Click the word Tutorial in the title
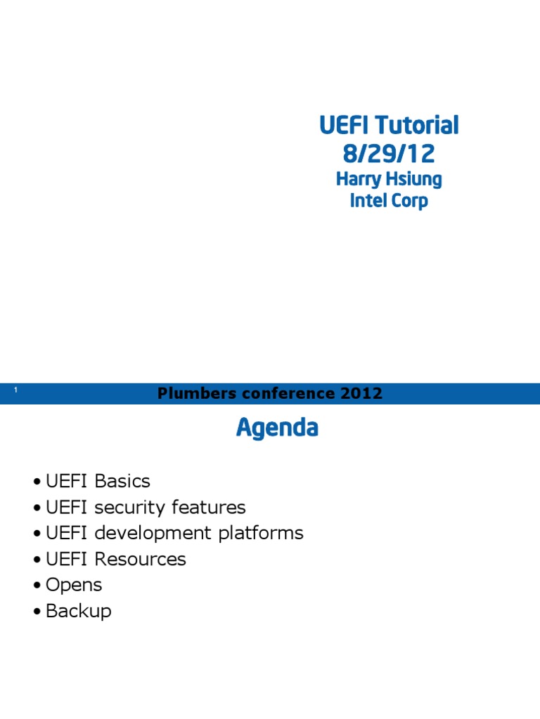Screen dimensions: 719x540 (416, 126)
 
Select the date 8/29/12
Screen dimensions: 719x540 (389, 153)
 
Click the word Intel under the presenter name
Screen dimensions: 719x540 (368, 202)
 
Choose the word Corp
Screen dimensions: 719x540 (411, 202)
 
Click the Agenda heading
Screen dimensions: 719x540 (277, 428)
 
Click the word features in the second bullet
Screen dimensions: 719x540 (210, 508)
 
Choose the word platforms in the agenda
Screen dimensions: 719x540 (261, 534)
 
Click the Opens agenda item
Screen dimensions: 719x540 (74, 586)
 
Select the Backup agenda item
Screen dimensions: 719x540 (78, 612)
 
